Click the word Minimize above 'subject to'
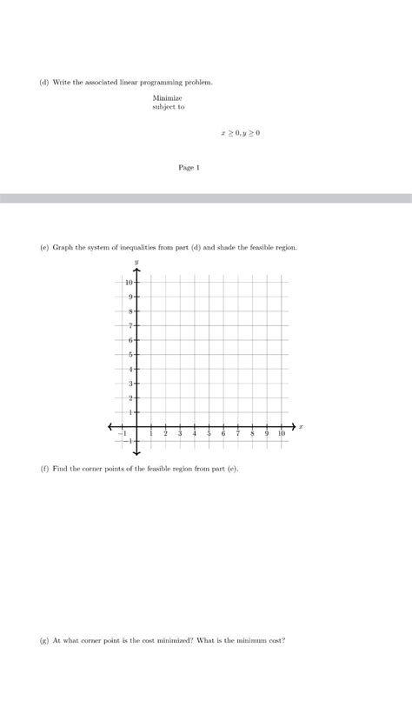(x=167, y=98)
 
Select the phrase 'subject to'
(x=169, y=108)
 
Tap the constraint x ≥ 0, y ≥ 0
(x=241, y=133)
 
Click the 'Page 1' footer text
(x=189, y=168)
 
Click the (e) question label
(x=43, y=247)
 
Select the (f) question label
(x=43, y=469)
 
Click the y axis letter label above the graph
(x=136, y=261)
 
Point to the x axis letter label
(x=301, y=426)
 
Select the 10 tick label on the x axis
(x=281, y=433)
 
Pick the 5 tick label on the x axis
(x=209, y=433)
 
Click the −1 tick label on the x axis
(x=123, y=433)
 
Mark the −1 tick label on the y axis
(x=129, y=441)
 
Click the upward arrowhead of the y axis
(x=136, y=271)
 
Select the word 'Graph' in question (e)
(x=63, y=247)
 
